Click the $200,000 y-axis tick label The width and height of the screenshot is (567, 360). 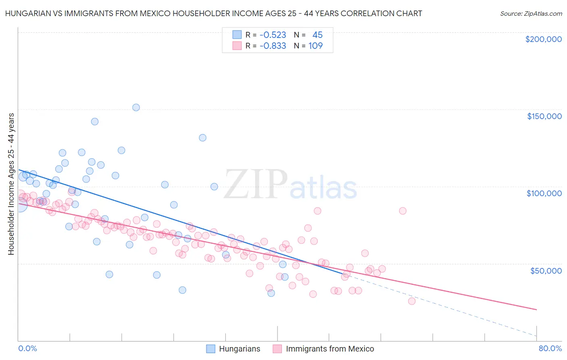[543, 39]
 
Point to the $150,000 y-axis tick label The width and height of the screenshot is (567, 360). [544, 116]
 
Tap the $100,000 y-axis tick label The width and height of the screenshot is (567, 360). [544, 193]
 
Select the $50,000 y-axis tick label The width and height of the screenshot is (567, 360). [546, 270]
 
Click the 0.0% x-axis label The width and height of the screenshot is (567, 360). [27, 348]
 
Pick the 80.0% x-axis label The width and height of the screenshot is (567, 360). [550, 348]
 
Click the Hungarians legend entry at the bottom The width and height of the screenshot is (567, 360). [240, 349]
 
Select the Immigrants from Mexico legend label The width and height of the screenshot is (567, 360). [330, 349]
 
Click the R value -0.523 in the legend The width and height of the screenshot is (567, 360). [273, 35]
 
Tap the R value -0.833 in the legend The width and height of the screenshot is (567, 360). [273, 46]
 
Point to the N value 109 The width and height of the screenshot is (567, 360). [315, 46]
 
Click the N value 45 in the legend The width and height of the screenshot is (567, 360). [317, 35]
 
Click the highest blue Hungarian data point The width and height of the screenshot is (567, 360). [136, 107]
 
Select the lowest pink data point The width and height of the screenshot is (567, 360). [411, 301]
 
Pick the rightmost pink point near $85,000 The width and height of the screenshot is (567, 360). [402, 211]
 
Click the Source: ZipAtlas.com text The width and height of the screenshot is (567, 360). [531, 14]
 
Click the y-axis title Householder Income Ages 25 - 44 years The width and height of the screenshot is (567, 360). [11, 184]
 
